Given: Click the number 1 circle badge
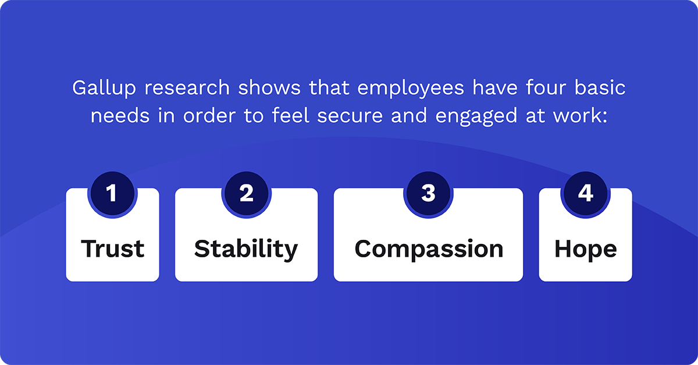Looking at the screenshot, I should [x=112, y=193].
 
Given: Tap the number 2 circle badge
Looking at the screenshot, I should [x=246, y=193].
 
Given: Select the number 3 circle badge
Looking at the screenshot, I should [x=428, y=193].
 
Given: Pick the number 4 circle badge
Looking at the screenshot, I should [x=585, y=193].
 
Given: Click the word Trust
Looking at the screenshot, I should [x=112, y=249].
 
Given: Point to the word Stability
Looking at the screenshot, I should [x=246, y=249].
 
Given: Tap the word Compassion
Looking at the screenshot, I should [x=429, y=249].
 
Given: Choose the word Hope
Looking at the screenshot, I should [x=585, y=249].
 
